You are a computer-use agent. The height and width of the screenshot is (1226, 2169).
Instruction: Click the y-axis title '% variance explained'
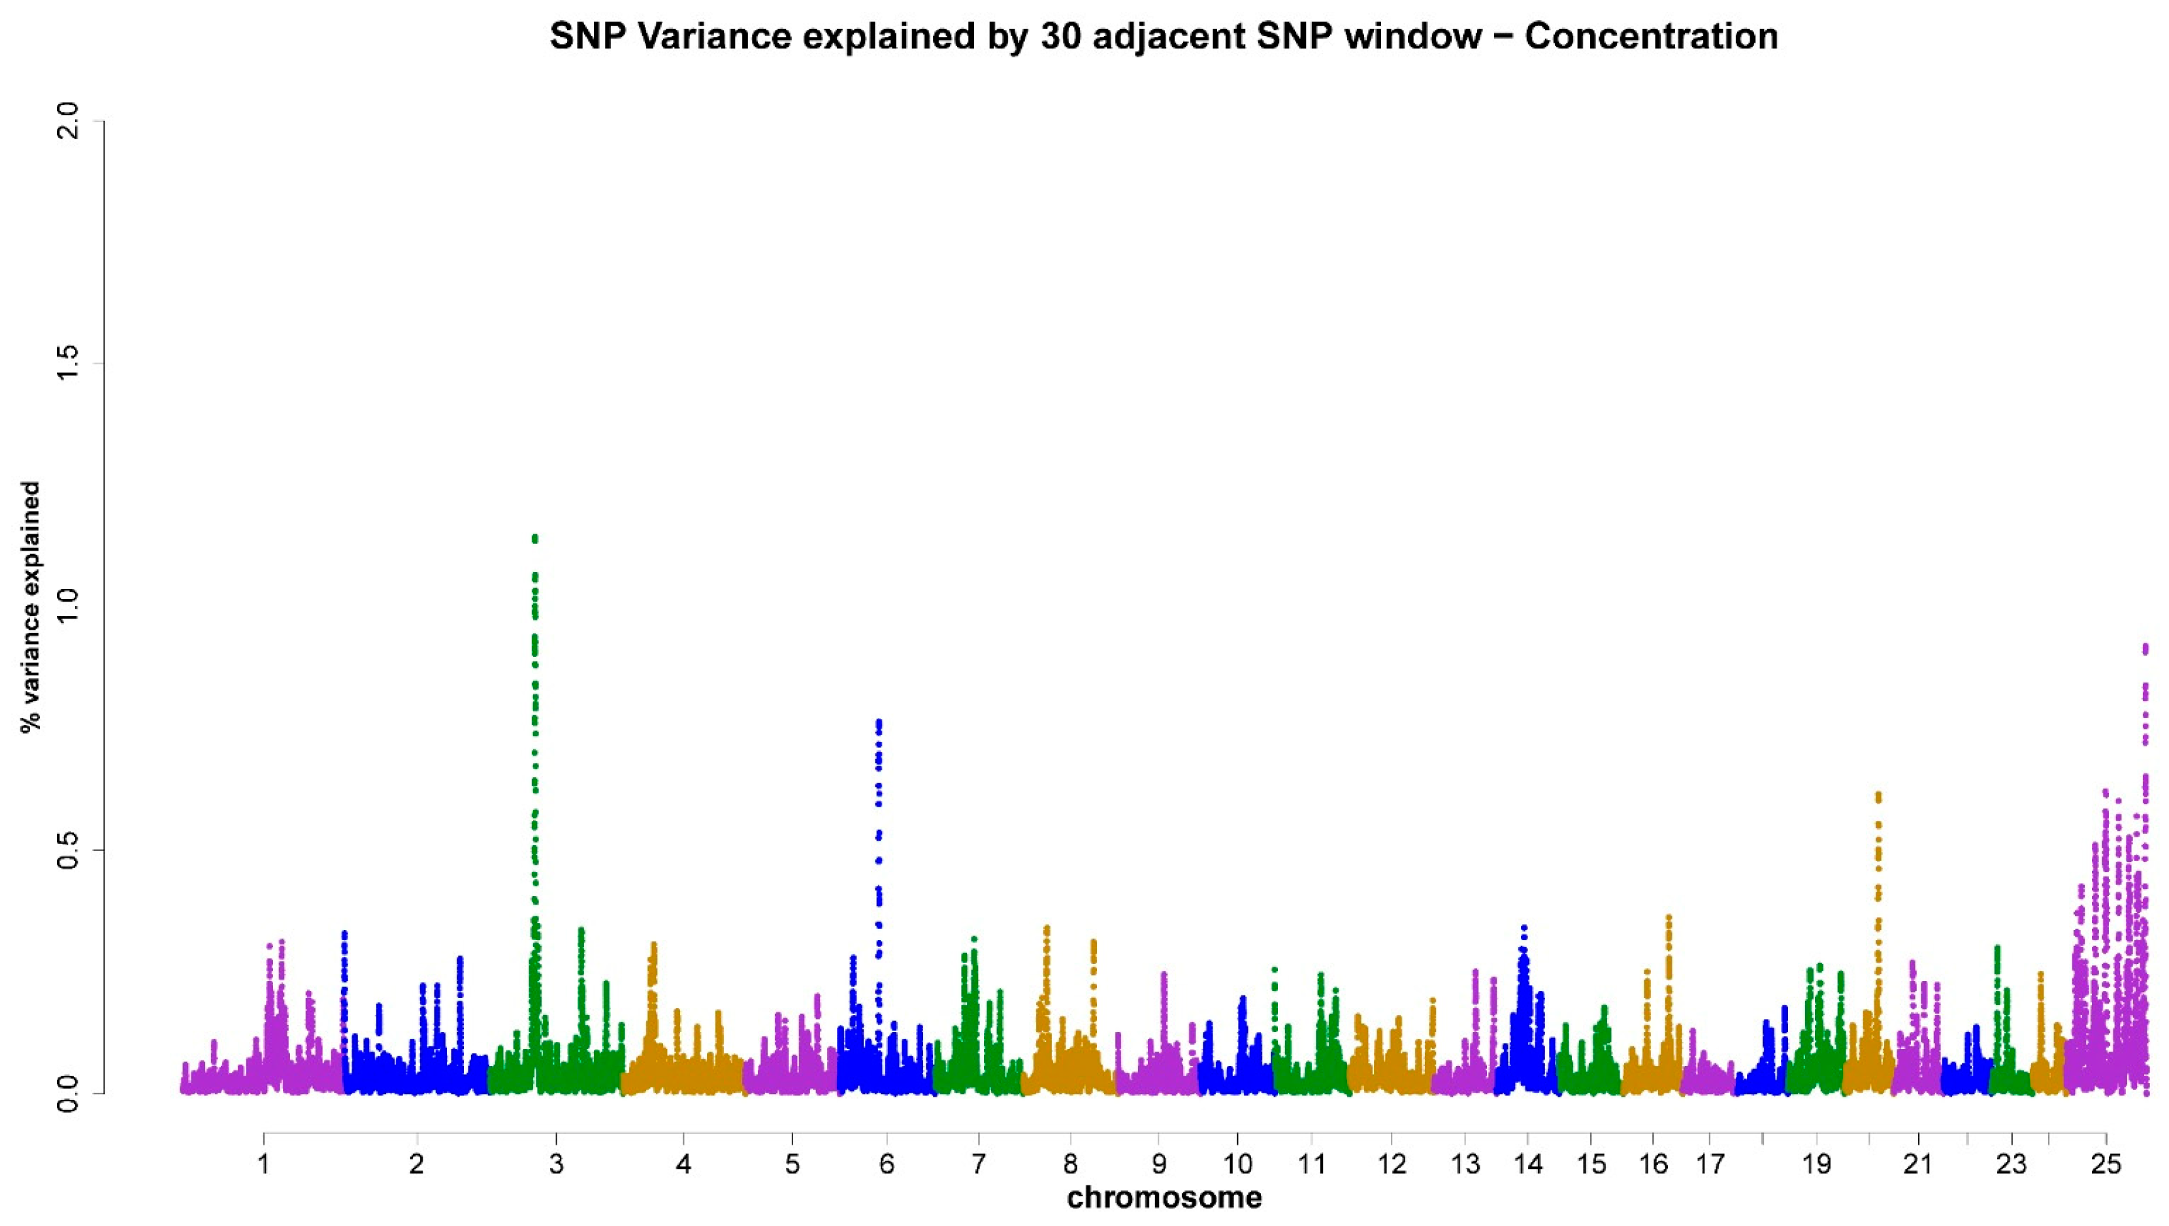(x=32, y=606)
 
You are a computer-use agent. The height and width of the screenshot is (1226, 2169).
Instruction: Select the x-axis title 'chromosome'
(x=1164, y=1197)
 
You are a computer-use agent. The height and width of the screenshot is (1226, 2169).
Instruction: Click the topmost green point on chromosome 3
(x=534, y=537)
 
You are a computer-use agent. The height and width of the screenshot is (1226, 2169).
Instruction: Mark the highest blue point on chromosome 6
(x=879, y=722)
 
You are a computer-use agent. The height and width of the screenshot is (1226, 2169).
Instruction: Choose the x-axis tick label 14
(x=1527, y=1165)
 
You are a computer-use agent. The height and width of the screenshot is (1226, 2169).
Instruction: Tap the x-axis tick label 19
(x=1817, y=1165)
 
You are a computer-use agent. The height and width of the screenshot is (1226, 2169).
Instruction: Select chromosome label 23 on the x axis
(x=2012, y=1165)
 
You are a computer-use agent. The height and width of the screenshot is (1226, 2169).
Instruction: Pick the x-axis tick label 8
(x=1070, y=1165)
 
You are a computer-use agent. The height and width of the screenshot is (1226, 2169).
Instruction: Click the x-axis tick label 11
(x=1312, y=1165)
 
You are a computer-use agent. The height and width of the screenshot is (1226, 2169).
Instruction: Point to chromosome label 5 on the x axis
(x=791, y=1165)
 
